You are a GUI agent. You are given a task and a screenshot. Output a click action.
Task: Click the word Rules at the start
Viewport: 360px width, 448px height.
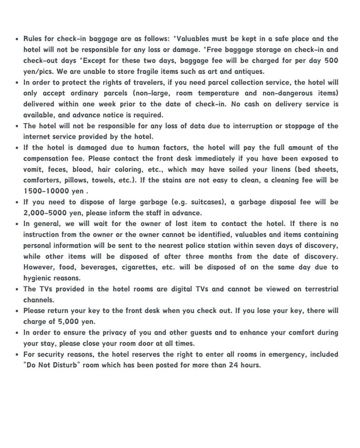33,39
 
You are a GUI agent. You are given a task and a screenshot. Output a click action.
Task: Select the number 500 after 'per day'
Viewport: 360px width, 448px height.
331,60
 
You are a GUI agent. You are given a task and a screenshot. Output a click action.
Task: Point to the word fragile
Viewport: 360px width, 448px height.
148,71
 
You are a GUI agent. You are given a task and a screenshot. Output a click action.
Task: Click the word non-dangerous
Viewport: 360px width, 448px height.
287,93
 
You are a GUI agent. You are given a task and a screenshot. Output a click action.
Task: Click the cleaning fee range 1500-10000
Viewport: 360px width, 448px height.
46,191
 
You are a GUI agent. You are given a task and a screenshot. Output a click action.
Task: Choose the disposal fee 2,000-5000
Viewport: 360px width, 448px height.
45,213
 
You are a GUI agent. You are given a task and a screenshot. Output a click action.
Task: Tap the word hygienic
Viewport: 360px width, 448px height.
36,278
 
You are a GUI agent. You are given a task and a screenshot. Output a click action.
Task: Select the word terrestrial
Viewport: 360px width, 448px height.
321,289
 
